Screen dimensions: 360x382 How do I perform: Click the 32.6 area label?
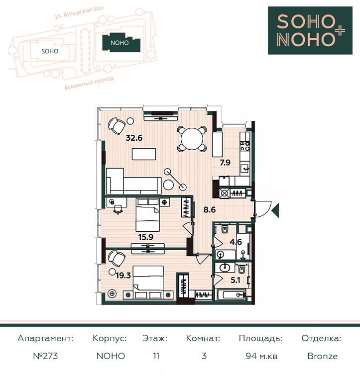click(134, 138)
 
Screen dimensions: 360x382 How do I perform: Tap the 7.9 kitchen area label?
click(225, 162)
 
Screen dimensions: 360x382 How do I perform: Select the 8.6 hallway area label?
click(210, 209)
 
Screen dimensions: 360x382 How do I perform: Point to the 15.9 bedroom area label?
click(146, 237)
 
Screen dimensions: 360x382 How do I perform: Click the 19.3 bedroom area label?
click(123, 276)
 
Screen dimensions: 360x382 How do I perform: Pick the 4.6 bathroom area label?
click(236, 242)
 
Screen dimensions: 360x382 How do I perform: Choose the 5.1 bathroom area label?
click(236, 280)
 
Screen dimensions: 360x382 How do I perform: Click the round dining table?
click(192, 139)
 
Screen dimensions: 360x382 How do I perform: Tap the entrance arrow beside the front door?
click(275, 209)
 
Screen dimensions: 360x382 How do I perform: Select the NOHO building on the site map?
click(121, 43)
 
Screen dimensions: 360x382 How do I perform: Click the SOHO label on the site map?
click(50, 51)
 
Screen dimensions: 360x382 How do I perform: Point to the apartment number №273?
click(46, 356)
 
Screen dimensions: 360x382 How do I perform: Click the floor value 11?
click(156, 356)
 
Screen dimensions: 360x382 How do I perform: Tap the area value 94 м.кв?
click(261, 356)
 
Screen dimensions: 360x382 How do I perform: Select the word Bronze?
click(323, 356)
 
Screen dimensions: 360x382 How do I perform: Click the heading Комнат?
click(203, 338)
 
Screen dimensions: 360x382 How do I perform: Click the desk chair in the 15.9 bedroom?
click(118, 209)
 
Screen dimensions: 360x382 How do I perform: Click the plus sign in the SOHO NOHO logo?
click(339, 31)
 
